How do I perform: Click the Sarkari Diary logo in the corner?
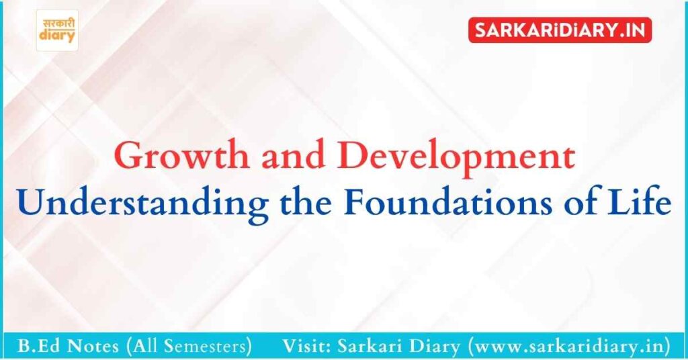[57, 30]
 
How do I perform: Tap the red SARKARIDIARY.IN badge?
[560, 30]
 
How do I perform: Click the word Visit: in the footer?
[306, 347]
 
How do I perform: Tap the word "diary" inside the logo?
[57, 37]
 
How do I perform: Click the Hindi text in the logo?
[57, 22]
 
